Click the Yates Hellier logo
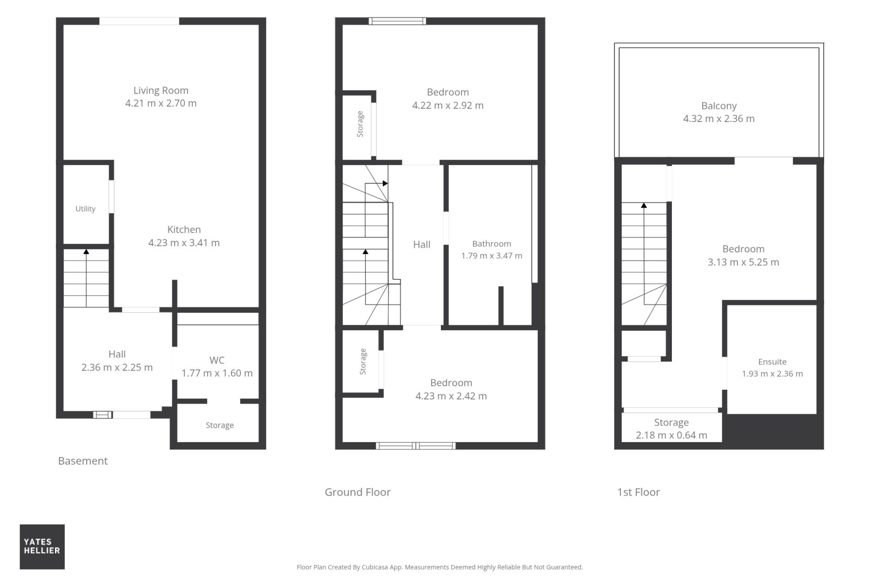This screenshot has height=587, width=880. [x=42, y=547]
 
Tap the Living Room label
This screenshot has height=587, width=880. [x=161, y=90]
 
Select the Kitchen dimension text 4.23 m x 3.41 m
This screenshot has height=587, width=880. [x=184, y=243]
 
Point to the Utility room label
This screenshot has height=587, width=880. [x=85, y=209]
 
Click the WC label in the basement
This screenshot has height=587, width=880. [x=217, y=360]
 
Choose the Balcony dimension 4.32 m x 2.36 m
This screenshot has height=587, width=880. [x=719, y=119]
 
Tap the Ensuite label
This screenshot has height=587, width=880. [x=772, y=362]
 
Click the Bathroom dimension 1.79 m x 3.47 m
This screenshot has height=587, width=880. [x=492, y=255]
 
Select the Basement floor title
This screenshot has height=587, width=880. [x=83, y=461]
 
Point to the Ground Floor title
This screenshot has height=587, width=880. [x=357, y=492]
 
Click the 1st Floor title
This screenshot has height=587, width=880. [x=638, y=492]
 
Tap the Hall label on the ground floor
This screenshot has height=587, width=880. [x=422, y=244]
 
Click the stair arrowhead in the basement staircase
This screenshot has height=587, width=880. [x=86, y=251]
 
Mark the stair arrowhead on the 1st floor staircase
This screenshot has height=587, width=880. [x=644, y=205]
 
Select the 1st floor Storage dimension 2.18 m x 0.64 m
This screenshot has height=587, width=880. [x=671, y=435]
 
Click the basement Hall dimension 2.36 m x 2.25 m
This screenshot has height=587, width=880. [x=117, y=367]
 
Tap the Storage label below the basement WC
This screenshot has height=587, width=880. [x=220, y=425]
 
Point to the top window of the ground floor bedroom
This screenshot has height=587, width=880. [x=397, y=21]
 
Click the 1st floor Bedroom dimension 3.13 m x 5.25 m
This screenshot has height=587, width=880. [x=743, y=262]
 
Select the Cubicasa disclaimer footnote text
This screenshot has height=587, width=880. [x=440, y=567]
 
